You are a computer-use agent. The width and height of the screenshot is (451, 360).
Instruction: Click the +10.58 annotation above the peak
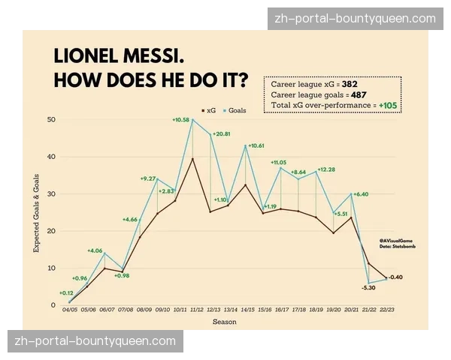click(x=181, y=119)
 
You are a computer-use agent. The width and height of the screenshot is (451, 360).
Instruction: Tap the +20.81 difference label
click(x=222, y=133)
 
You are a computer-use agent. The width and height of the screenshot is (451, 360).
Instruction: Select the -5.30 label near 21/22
click(x=368, y=287)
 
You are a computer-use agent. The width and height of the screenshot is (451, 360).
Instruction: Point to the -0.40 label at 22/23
click(x=395, y=277)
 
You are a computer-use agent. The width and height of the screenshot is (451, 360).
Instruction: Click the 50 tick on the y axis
click(x=52, y=120)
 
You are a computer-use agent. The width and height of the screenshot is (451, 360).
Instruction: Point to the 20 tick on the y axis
click(x=52, y=231)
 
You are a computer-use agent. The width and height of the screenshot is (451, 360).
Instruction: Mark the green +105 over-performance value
click(x=389, y=106)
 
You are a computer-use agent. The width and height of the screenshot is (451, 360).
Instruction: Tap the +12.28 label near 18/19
click(x=326, y=169)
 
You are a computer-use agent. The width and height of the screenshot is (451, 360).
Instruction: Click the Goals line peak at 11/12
click(x=192, y=119)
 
